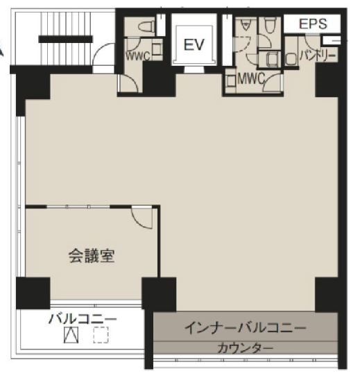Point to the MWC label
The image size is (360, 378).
click(251, 79)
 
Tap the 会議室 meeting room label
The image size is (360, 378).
click(91, 255)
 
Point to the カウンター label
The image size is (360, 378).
click(245, 347)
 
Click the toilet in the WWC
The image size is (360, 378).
click(146, 27)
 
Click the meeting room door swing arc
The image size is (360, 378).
click(142, 218)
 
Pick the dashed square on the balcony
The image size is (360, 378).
click(101, 336)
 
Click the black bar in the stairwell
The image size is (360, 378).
click(65, 40)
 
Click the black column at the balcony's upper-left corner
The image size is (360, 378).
click(32, 293)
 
